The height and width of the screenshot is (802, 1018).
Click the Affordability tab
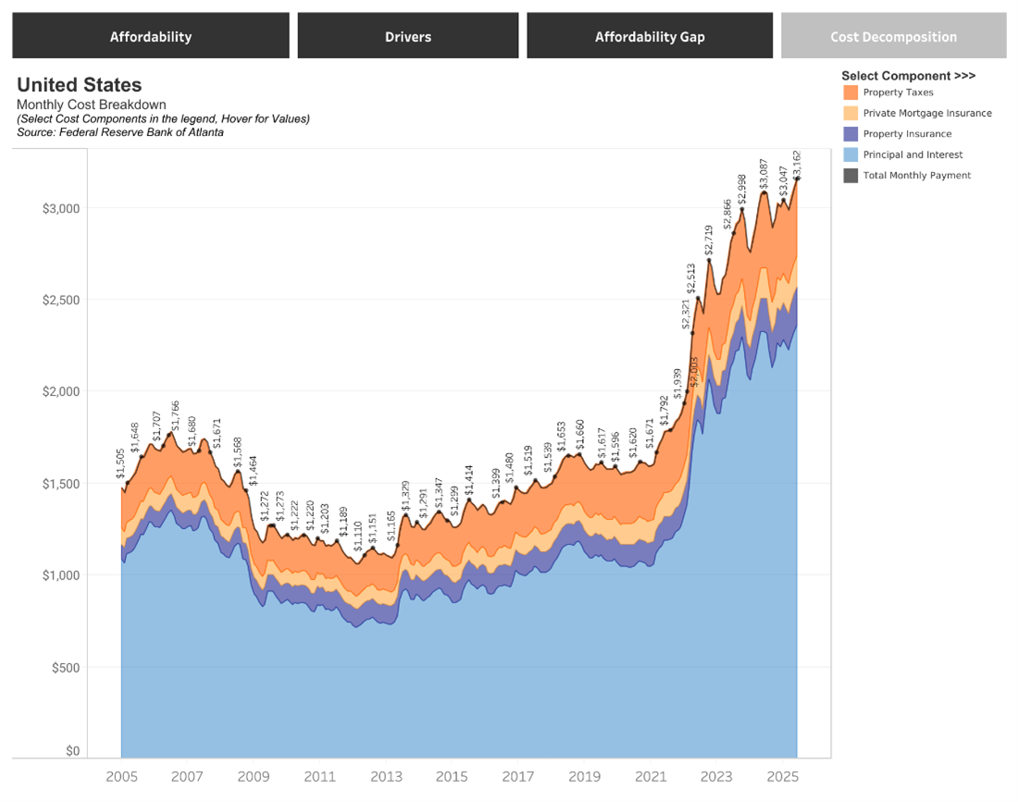pos(151,36)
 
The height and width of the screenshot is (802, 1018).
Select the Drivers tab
pos(408,36)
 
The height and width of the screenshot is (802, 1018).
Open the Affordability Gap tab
pos(650,36)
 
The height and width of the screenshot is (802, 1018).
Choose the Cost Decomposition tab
pos(893,36)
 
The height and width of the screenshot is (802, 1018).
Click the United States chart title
pos(80,85)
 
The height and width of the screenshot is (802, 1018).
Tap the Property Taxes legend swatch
pos(850,93)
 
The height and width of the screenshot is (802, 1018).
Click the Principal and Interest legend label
pos(912,154)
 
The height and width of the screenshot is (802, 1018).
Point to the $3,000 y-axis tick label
pos(61,208)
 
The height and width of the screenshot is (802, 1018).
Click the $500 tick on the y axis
pos(66,668)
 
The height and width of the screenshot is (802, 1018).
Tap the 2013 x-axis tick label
pos(386,777)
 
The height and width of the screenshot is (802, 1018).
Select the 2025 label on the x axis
pos(782,777)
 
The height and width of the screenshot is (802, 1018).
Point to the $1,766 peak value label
pos(175,415)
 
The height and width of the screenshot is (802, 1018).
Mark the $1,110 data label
pos(358,537)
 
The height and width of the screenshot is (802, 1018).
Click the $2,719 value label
pos(709,241)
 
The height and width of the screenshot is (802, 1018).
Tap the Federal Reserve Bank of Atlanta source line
pos(120,132)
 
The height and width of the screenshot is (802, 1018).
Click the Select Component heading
pos(908,76)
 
